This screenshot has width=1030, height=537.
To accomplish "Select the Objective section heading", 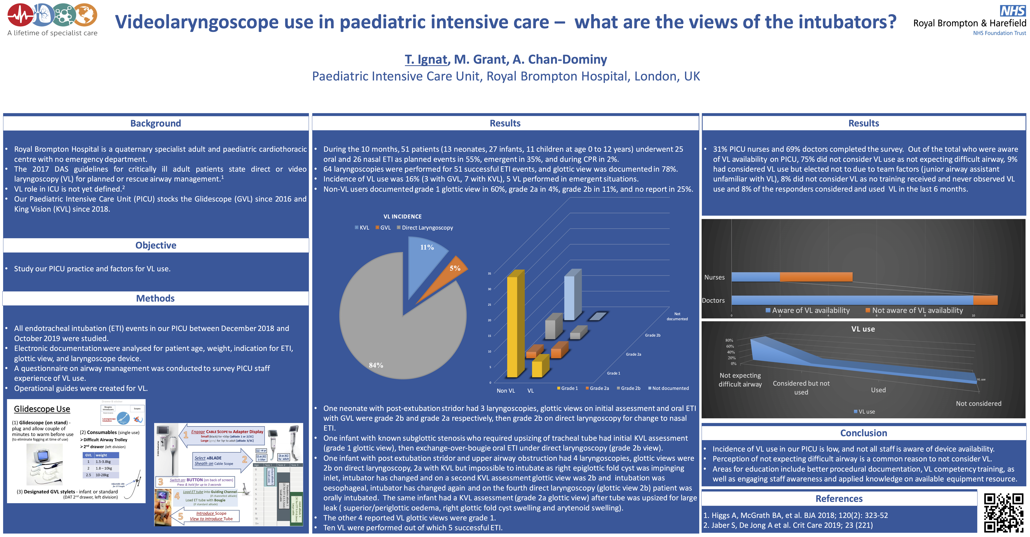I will pyautogui.click(x=155, y=245).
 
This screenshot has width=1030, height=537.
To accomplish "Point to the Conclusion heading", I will pyautogui.click(x=863, y=433).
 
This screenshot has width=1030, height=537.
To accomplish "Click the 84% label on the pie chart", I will pyautogui.click(x=376, y=365).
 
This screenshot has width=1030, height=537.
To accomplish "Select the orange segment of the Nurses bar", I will pyautogui.click(x=816, y=277).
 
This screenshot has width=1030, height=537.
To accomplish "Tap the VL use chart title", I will pyautogui.click(x=863, y=329).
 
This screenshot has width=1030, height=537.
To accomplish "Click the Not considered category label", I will pyautogui.click(x=978, y=403).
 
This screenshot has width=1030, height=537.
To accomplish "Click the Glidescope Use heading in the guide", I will pyautogui.click(x=42, y=409).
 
